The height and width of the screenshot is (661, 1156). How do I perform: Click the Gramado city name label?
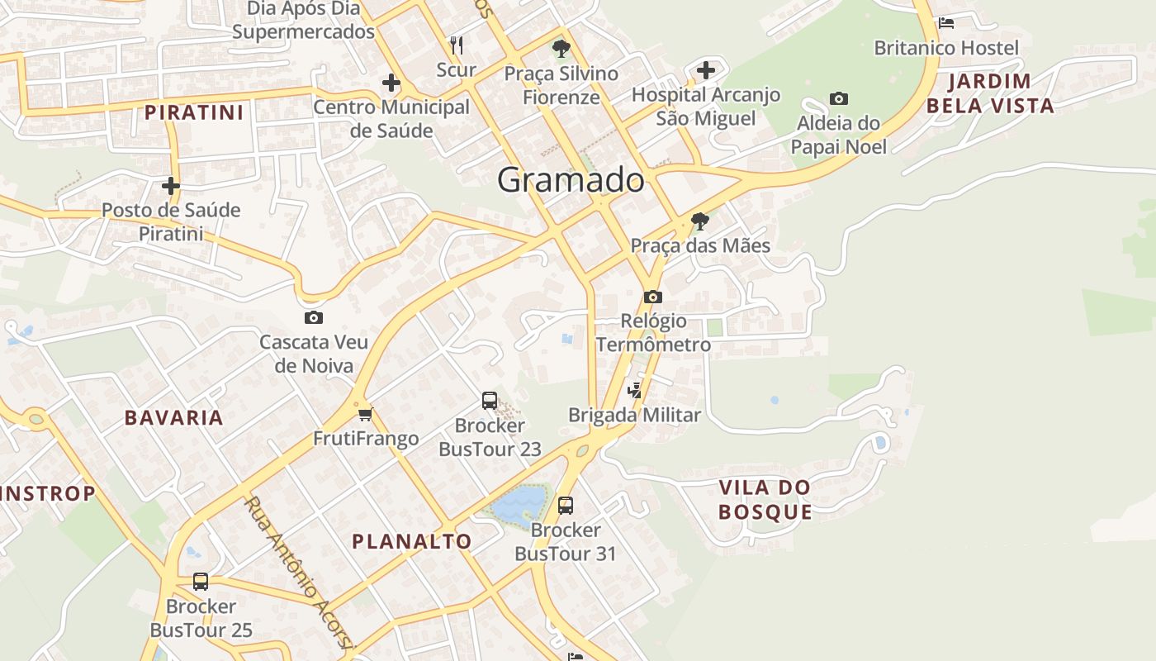571,180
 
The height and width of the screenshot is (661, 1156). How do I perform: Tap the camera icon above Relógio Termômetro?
653,297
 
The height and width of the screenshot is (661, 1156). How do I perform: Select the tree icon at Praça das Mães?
700,221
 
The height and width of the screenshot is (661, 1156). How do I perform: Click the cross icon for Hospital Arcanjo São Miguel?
706,70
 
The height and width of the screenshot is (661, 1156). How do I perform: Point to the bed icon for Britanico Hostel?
946,22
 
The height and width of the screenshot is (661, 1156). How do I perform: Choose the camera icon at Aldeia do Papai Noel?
839,99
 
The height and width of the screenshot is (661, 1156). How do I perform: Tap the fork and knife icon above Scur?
457,45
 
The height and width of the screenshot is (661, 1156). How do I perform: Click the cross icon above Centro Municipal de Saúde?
391,83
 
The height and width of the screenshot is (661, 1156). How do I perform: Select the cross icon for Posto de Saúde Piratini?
171,186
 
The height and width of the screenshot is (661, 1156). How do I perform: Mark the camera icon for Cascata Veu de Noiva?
314,317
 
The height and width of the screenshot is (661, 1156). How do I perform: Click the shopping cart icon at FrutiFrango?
366,413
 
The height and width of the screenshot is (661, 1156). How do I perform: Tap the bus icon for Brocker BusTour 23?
490,401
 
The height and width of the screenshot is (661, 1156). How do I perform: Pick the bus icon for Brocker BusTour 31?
566,505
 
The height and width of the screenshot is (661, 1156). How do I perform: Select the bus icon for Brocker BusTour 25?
201,582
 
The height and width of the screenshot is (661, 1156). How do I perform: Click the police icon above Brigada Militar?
635,390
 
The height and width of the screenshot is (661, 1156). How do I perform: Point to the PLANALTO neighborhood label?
412,542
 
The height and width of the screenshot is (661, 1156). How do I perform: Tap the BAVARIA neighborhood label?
174,418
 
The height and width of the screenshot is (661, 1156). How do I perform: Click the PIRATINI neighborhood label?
195,112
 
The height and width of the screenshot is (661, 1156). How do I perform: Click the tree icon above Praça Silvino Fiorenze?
561,48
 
